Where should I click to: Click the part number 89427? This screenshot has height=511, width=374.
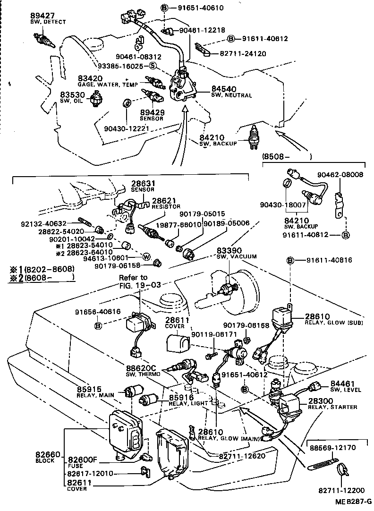pyautogui.click(x=41, y=15)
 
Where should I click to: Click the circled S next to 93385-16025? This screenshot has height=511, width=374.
pyautogui.click(x=152, y=66)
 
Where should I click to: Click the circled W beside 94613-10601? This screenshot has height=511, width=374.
pyautogui.click(x=146, y=257)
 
